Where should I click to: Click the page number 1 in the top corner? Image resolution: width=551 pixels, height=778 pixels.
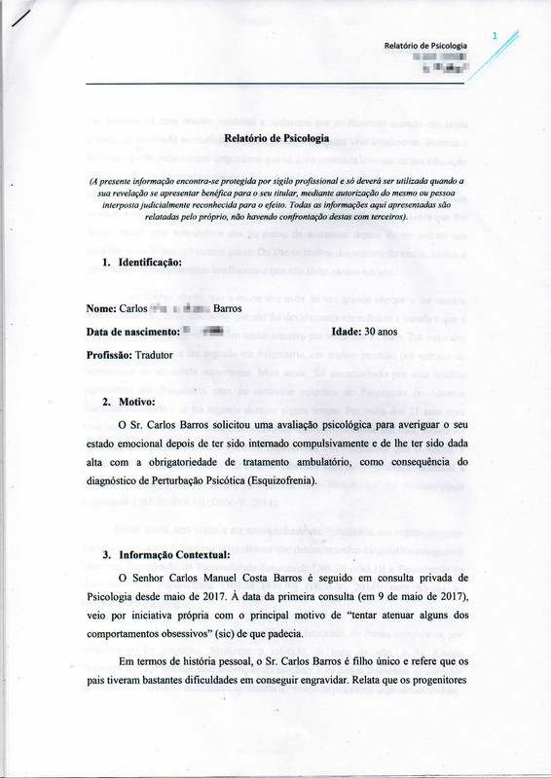click(x=496, y=36)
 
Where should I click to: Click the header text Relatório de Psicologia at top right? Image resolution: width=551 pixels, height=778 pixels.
click(x=425, y=46)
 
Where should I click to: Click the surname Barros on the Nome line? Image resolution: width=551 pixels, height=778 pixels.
click(x=227, y=309)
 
